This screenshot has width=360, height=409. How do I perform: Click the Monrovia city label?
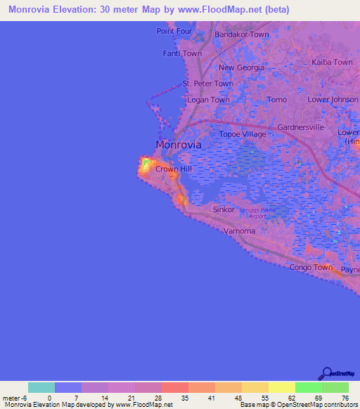click(x=178, y=145)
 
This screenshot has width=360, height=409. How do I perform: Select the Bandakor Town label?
click(x=242, y=34)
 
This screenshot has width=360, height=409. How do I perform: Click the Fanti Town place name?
click(x=182, y=53)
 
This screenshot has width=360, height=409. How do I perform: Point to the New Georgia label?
click(x=241, y=67)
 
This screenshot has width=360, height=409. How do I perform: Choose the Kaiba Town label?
click(x=332, y=63)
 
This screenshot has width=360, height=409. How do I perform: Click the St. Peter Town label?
click(x=207, y=84)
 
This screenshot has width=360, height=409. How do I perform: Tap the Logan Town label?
click(x=208, y=100)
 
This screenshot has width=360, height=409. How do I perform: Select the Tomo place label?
click(x=277, y=100)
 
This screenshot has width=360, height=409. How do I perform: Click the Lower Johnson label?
click(x=333, y=100)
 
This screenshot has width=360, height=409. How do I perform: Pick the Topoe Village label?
click(x=243, y=134)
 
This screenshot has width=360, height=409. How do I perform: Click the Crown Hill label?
click(x=173, y=169)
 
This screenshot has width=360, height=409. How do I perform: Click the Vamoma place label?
click(x=238, y=231)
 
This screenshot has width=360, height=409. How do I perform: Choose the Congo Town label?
click(x=311, y=267)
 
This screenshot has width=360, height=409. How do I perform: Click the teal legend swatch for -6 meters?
click(x=41, y=387)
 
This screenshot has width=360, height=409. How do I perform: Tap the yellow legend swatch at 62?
click(x=282, y=387)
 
